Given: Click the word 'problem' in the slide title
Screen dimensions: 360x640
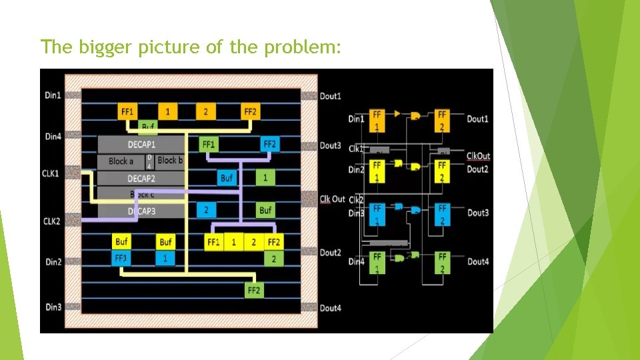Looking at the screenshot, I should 307,48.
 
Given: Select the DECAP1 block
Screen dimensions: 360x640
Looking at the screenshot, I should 141,144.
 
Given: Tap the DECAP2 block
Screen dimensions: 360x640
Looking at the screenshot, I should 141,179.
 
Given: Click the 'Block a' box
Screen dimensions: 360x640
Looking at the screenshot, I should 121,161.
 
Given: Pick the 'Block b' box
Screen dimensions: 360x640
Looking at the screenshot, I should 169,161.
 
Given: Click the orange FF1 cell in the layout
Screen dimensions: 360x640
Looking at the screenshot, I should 127,111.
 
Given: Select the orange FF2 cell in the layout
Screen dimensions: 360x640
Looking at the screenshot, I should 250,111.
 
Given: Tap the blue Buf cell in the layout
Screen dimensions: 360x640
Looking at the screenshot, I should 227,178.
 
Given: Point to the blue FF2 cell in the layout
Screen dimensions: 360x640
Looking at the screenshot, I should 269,144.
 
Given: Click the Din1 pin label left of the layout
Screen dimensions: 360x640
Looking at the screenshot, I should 53,95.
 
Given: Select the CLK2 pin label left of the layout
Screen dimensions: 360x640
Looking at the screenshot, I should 52,221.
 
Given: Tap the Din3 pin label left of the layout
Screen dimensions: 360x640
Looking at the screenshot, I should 53,307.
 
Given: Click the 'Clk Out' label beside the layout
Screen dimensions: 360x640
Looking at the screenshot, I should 333,199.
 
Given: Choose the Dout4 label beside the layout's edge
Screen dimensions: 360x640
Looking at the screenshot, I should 331,308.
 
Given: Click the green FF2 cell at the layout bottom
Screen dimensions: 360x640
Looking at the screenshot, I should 253,291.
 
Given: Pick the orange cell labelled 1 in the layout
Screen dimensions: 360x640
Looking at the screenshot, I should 168,111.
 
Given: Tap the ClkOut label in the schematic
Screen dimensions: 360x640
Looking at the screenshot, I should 478,156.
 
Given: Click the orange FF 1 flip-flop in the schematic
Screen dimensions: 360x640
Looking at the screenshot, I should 377,119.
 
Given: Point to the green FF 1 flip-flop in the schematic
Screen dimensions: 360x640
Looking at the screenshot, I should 377,261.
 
